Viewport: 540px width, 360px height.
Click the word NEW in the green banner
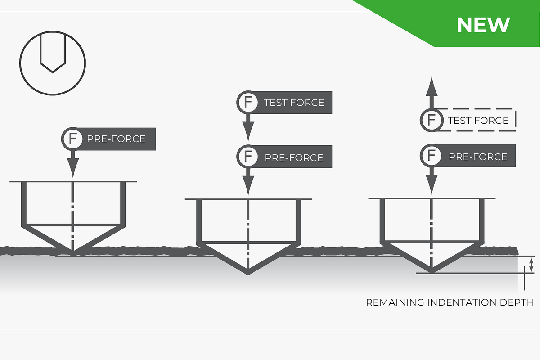pos(483,25)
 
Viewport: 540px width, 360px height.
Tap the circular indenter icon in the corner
pos(53,62)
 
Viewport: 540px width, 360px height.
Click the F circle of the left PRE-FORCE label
pos(72,138)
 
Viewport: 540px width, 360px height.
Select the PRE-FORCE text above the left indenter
pos(116,139)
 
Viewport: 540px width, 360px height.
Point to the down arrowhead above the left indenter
pos(72,169)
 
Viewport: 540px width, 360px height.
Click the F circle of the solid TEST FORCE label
pos(247,102)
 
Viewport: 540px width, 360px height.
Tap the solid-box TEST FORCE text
pos(294,103)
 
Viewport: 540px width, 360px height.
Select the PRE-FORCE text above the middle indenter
pos(294,157)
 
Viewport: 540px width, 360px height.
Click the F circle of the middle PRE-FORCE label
pos(247,157)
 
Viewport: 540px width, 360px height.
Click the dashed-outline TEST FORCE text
pos(478,121)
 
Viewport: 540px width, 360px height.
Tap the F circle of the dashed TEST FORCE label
pos(431,120)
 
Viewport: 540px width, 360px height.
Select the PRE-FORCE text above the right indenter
pos(478,157)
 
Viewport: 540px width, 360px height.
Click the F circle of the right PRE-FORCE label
pos(431,156)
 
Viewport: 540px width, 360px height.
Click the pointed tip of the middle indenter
pos(247,273)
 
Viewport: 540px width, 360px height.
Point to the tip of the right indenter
pos(432,272)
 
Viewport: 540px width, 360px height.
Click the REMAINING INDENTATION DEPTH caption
pos(450,302)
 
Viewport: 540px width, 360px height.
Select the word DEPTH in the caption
pos(517,302)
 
